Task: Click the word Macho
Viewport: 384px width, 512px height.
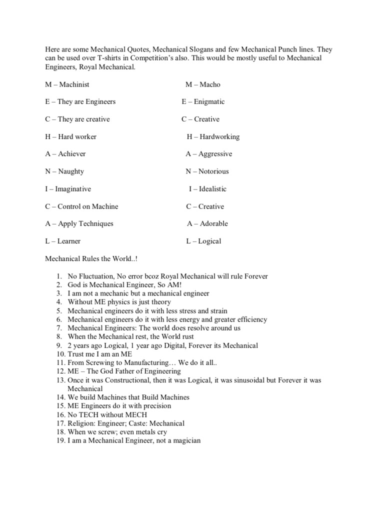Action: (x=209, y=84)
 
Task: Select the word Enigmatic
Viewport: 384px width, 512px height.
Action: (x=209, y=102)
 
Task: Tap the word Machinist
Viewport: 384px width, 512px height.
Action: (x=74, y=84)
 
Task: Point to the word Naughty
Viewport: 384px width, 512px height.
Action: (x=71, y=171)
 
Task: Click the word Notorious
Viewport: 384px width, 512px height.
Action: (x=213, y=171)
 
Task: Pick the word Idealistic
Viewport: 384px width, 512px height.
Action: (x=212, y=189)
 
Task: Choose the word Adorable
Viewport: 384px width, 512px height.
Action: (x=213, y=223)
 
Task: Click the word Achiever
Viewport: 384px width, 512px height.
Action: (x=72, y=154)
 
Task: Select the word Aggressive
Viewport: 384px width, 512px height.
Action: (x=215, y=154)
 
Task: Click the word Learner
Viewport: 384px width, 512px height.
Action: (x=69, y=241)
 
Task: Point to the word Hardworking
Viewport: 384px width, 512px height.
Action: (x=219, y=136)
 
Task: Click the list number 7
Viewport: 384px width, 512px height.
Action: (x=58, y=328)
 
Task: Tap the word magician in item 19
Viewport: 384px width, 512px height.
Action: (x=185, y=441)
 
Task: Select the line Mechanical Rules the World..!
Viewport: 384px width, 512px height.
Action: (x=87, y=259)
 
